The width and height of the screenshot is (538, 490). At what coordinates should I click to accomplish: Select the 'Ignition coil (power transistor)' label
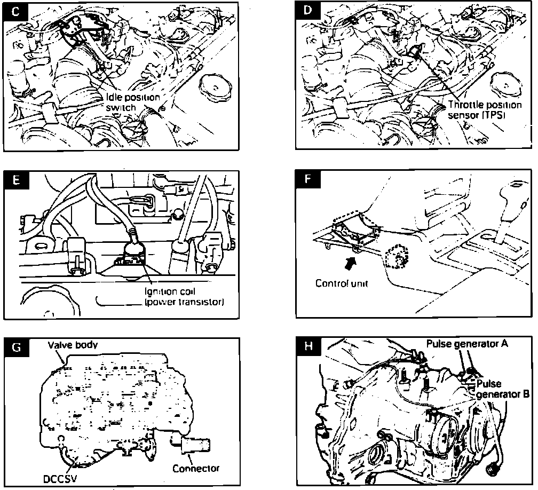pyautogui.click(x=184, y=297)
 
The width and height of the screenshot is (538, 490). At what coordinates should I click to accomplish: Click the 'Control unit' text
pyautogui.click(x=342, y=283)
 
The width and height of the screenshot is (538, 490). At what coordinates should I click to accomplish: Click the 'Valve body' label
pyautogui.click(x=73, y=345)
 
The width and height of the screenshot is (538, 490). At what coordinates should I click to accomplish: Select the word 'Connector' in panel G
pyautogui.click(x=196, y=468)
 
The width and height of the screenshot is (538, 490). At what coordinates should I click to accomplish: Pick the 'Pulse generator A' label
pyautogui.click(x=466, y=344)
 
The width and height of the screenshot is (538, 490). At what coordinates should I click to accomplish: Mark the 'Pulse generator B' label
pyautogui.click(x=502, y=389)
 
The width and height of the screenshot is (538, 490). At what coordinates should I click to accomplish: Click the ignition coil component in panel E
pyautogui.click(x=134, y=251)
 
